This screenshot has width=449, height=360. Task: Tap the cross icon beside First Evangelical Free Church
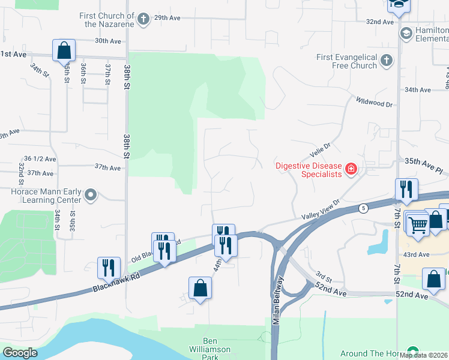point(387,60)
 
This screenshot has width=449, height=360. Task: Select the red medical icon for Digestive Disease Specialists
point(351,170)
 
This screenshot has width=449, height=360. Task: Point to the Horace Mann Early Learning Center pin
point(91,194)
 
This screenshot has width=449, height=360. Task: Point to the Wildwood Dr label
point(373,101)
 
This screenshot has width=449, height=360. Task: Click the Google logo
point(20,353)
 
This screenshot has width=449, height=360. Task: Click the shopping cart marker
point(418,224)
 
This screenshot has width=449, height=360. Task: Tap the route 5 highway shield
point(363,208)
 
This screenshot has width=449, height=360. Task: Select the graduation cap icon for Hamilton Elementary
point(406,32)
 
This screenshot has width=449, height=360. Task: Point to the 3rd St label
point(323,277)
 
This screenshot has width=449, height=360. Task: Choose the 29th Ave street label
point(167,18)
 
